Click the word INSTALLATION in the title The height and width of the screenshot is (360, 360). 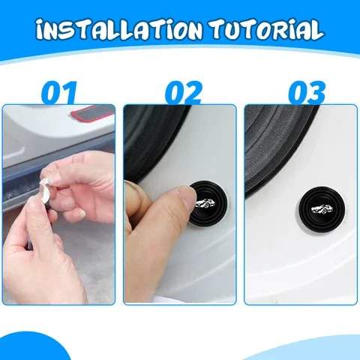tap(118, 31)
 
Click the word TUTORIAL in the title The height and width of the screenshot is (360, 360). tap(267, 30)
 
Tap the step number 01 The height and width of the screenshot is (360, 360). tap(59, 92)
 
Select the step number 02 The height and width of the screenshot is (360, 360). tap(183, 92)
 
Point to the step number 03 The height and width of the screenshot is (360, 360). tap(307, 92)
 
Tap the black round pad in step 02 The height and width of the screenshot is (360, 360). tap(208, 203)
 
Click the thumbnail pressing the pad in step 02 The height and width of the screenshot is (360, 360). tap(187, 199)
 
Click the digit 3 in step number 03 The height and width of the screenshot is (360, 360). tap(316, 92)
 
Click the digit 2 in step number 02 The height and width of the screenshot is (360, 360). tap(193, 92)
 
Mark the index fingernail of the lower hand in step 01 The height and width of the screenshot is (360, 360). tap(33, 202)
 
